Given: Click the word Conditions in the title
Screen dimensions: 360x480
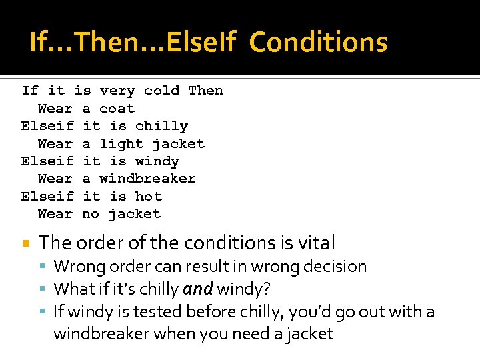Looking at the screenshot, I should click(x=318, y=43).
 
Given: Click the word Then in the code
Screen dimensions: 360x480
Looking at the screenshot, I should click(x=205, y=91).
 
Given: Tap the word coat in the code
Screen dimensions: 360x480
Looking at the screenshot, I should click(x=117, y=109).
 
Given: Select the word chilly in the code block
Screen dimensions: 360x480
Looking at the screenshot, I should click(x=161, y=126).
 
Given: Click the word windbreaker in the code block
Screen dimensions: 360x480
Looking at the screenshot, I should click(x=147, y=179).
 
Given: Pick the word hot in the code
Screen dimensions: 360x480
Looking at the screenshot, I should click(x=148, y=197).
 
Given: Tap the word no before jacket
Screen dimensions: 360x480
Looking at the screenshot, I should click(x=91, y=214).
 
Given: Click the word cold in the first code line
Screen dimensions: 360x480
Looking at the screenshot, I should click(x=161, y=91).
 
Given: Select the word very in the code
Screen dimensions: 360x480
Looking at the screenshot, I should click(x=117, y=91).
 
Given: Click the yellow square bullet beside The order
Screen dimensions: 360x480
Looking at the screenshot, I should click(x=25, y=243).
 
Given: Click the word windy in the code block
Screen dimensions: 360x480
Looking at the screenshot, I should click(x=157, y=161).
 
